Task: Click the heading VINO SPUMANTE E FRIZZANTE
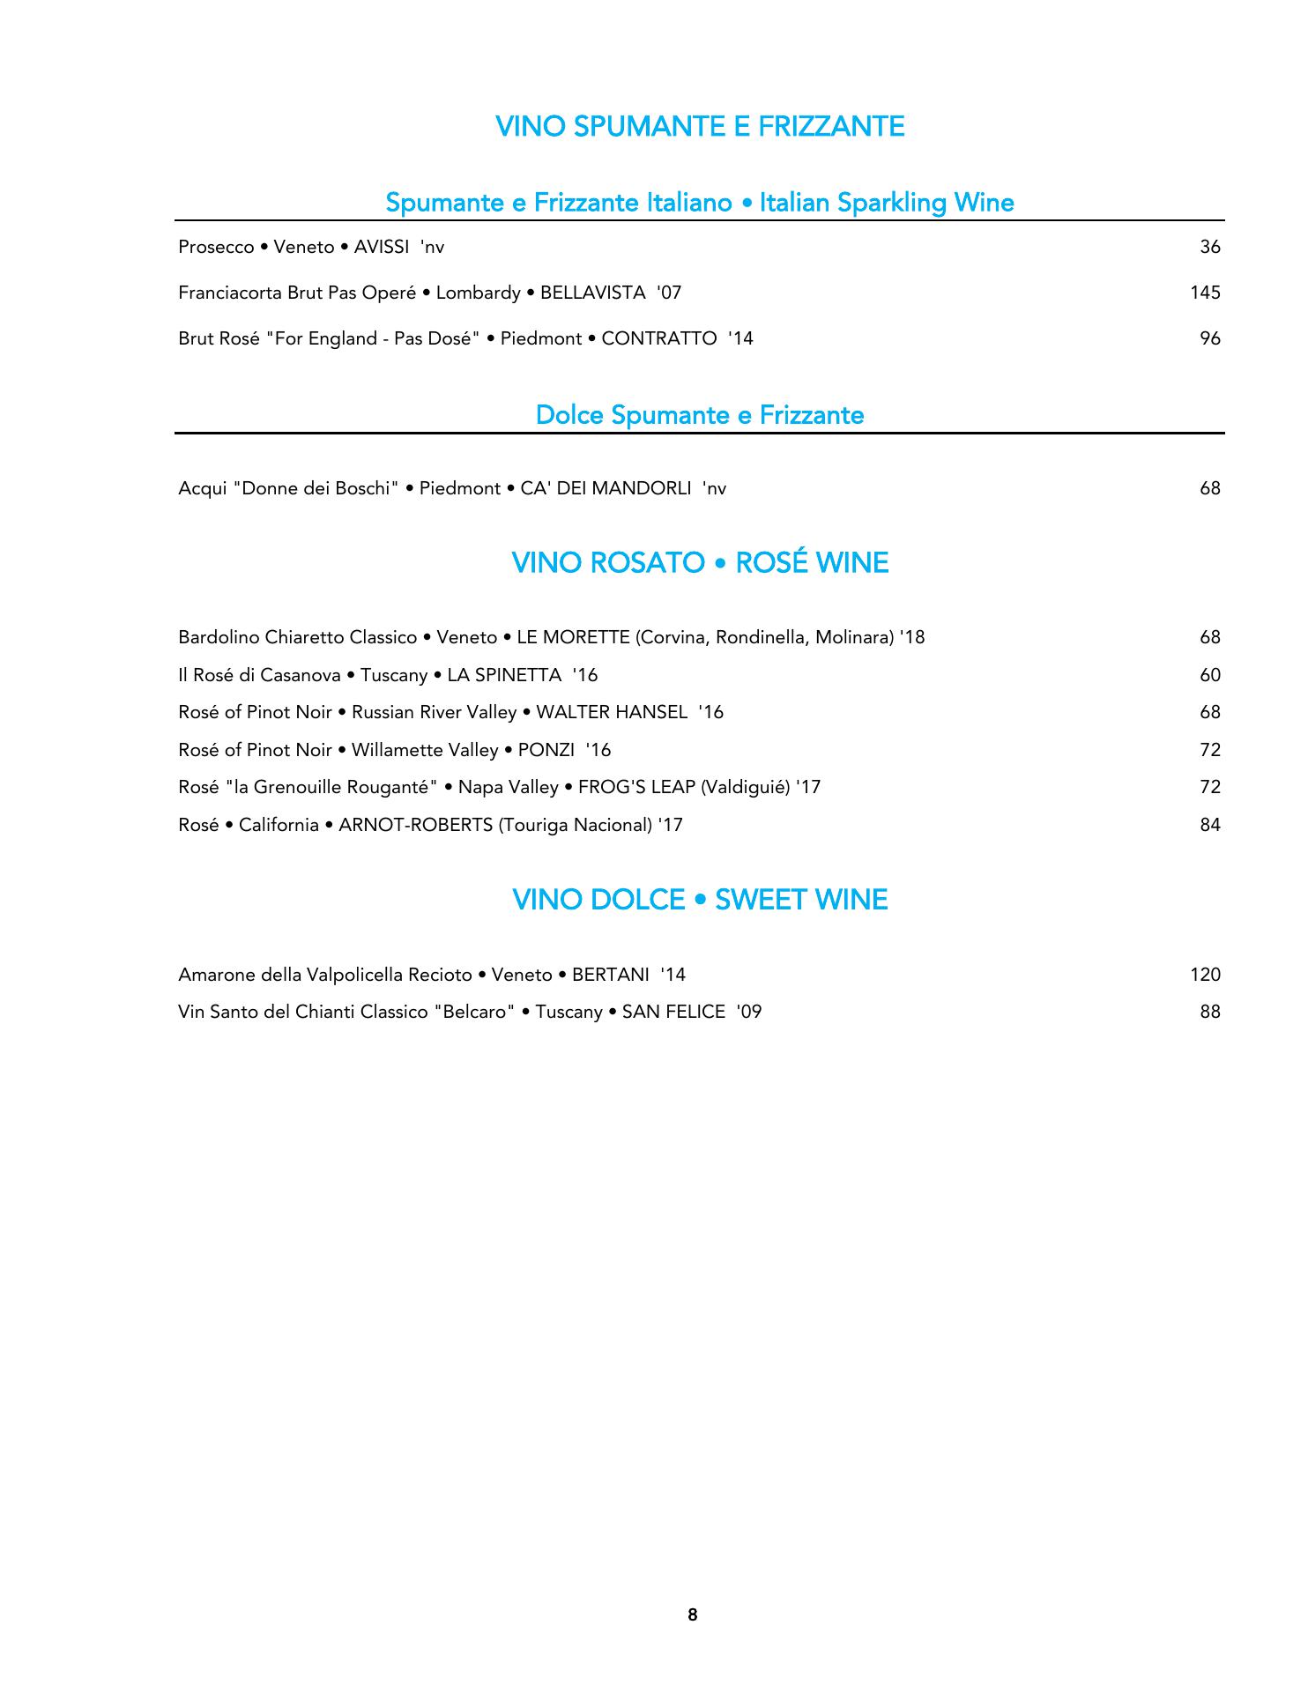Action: tap(700, 127)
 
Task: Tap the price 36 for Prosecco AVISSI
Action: tap(1209, 248)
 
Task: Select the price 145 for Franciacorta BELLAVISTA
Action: tap(1204, 293)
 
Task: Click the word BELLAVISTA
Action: tap(592, 293)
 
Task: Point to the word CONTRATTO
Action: tap(658, 339)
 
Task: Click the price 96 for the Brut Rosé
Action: tap(1209, 339)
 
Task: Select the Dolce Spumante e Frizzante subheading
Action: tap(700, 415)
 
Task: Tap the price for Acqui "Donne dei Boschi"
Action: tap(1209, 489)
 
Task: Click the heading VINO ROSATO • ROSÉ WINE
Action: tap(700, 563)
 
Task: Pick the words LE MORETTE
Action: tap(573, 638)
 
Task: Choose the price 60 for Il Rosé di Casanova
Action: tap(1209, 676)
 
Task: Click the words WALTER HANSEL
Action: tap(612, 713)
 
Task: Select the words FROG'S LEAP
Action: tap(636, 788)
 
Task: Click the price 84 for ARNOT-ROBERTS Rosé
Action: tap(1209, 826)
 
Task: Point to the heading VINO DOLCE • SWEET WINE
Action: tap(700, 900)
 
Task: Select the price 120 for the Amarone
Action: tap(1204, 976)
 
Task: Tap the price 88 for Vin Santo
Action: tap(1209, 1013)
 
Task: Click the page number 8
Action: tap(692, 1615)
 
